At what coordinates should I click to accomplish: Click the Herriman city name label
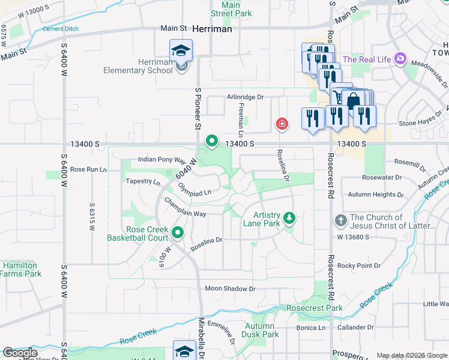tap(215, 28)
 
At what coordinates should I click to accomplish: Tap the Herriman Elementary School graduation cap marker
tap(181, 51)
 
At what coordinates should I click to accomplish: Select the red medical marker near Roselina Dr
tap(281, 124)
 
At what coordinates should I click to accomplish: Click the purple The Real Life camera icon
tap(400, 59)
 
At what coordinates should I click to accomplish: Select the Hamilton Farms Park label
tap(20, 269)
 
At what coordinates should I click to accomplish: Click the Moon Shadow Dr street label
tap(231, 289)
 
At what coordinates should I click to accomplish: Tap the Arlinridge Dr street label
tap(245, 97)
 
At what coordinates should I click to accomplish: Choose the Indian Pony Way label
tap(161, 160)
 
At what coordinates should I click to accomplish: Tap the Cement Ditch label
tap(61, 28)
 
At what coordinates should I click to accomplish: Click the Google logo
tap(19, 353)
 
